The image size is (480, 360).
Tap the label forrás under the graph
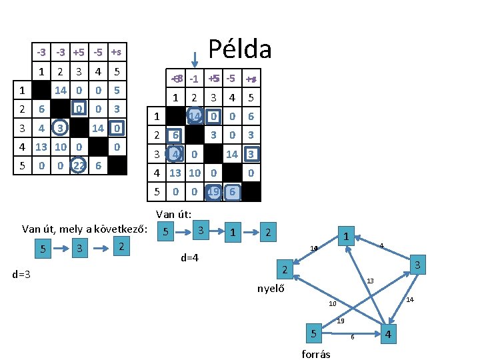(316, 354)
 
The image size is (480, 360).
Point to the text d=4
(190, 257)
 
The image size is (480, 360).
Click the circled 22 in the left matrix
(79, 166)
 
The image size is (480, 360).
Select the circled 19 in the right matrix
(213, 192)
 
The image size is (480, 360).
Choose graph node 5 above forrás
(313, 332)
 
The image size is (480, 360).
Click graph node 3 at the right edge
(418, 265)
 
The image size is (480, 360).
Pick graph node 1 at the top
(346, 237)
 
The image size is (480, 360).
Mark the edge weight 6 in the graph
(352, 337)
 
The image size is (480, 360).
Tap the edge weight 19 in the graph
(340, 321)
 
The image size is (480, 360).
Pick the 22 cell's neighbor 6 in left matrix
(98, 166)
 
